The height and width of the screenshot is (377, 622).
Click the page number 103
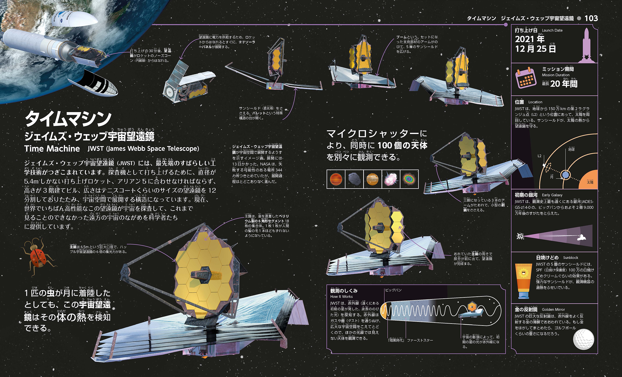(591, 18)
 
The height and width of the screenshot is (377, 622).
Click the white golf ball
(583, 339)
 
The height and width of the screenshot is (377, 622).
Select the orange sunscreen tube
(523, 280)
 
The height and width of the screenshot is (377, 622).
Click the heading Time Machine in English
(52, 149)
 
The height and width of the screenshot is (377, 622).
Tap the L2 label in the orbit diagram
(539, 156)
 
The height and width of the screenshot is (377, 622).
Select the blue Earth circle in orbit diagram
(566, 175)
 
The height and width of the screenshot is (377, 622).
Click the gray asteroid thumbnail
(354, 179)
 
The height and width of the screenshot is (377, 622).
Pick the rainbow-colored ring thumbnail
(409, 179)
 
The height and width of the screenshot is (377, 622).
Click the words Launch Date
(552, 31)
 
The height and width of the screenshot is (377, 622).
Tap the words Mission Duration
(555, 75)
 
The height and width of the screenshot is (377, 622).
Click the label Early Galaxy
(552, 195)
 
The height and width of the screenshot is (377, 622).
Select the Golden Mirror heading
(553, 309)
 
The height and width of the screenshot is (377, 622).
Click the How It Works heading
(341, 297)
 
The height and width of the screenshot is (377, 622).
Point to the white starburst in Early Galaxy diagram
(520, 236)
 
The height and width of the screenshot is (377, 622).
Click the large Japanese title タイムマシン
(68, 119)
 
